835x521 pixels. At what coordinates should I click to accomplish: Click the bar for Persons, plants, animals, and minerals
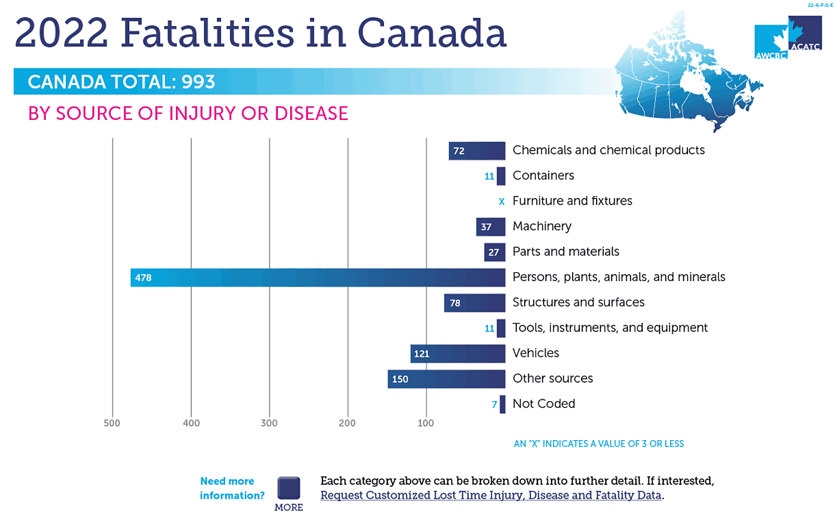(x=318, y=277)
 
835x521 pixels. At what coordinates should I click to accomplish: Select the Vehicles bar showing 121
(x=457, y=354)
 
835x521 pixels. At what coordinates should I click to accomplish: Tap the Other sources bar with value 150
(x=446, y=379)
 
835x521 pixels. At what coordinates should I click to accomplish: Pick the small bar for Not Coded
(x=502, y=404)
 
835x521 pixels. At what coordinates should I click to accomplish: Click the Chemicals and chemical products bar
(x=477, y=151)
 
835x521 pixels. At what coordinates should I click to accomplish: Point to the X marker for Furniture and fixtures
(x=501, y=201)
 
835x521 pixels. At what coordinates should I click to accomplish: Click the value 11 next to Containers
(x=489, y=176)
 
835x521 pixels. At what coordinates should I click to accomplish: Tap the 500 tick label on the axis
(x=112, y=423)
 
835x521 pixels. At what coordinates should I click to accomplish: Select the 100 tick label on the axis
(x=426, y=423)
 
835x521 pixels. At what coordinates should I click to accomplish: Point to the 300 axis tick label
(x=269, y=423)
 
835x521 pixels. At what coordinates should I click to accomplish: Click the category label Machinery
(x=541, y=226)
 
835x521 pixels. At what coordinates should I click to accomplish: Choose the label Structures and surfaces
(x=578, y=302)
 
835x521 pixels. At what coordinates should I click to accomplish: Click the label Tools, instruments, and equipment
(x=610, y=327)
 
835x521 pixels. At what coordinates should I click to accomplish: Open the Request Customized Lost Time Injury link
(x=491, y=495)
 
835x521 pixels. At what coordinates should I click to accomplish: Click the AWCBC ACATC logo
(x=788, y=37)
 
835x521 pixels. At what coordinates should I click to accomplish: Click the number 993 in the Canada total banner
(x=198, y=82)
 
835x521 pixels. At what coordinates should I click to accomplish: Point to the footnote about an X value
(x=598, y=443)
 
